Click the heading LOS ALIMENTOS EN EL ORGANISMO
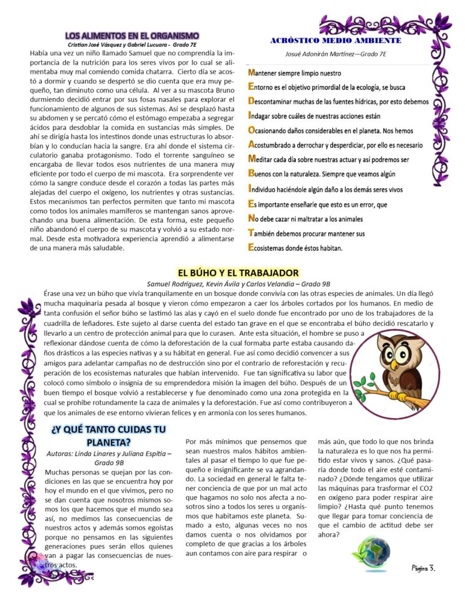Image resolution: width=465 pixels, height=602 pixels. pyautogui.click(x=132, y=36)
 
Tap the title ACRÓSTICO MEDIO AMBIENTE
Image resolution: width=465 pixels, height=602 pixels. pyautogui.click(x=336, y=41)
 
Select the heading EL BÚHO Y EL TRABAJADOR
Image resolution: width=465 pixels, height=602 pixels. pyautogui.click(x=238, y=273)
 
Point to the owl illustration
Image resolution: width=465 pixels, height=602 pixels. pyautogui.click(x=399, y=370)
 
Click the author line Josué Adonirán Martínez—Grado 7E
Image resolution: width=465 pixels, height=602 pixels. pyautogui.click(x=336, y=55)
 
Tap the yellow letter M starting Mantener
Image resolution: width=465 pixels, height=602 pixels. pyautogui.click(x=252, y=73)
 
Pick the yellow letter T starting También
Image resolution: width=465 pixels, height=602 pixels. pyautogui.click(x=251, y=233)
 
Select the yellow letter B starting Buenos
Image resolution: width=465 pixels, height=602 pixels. pyautogui.click(x=251, y=174)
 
